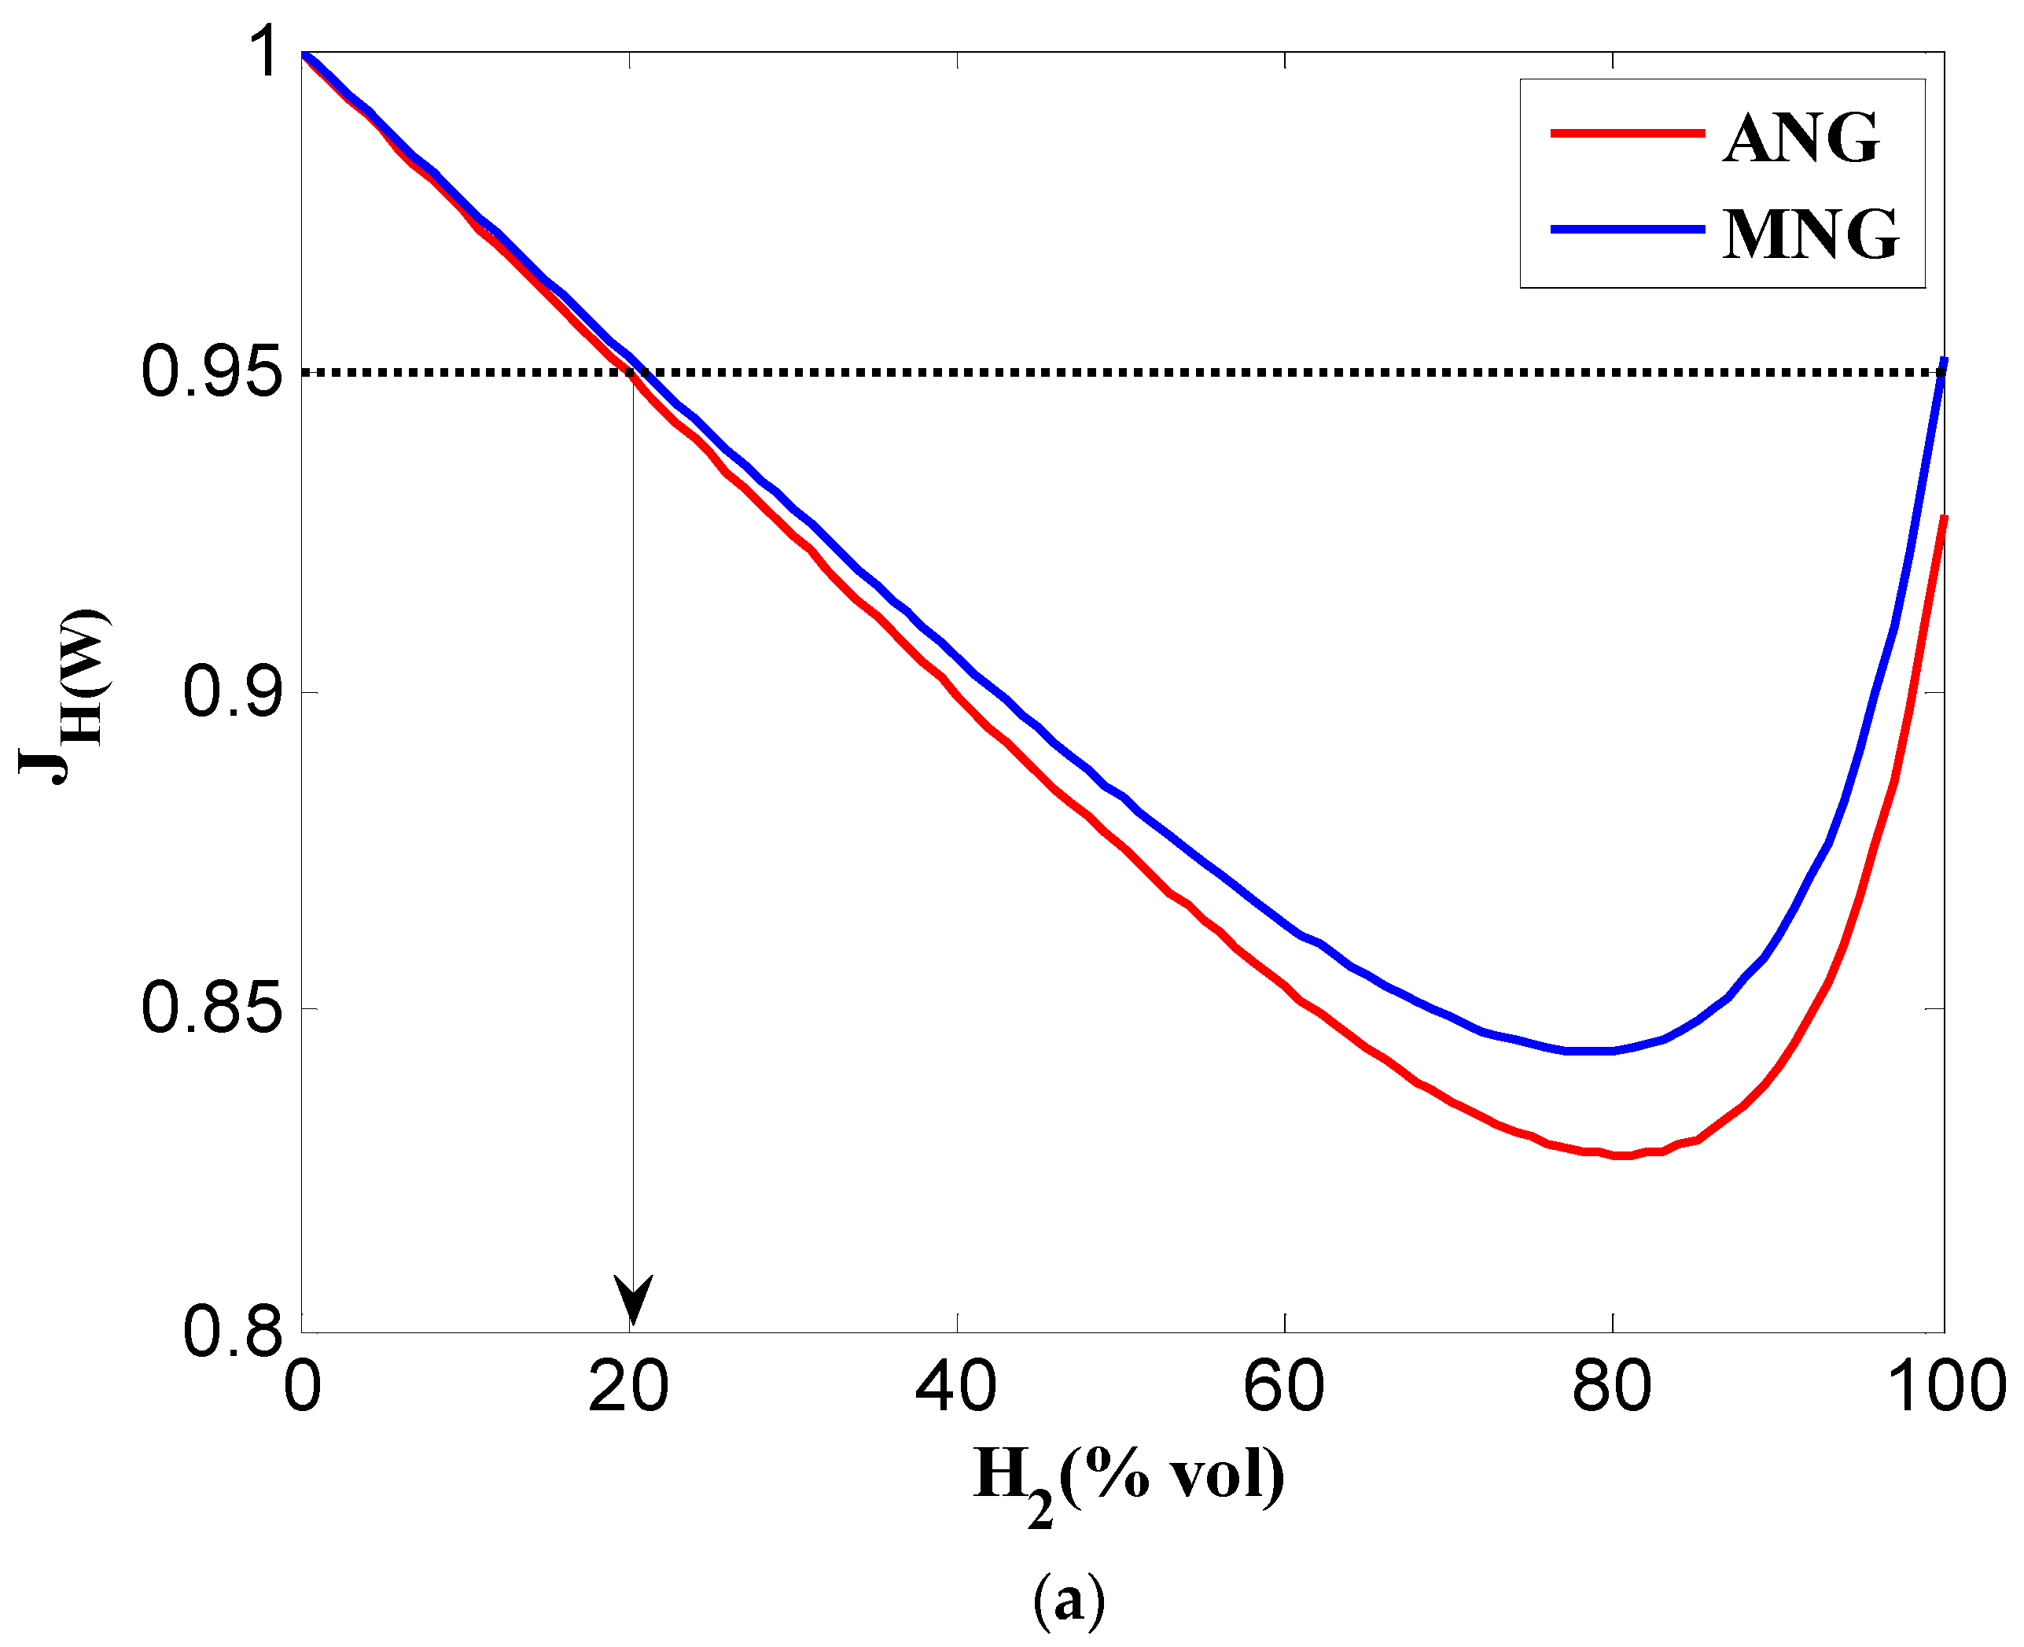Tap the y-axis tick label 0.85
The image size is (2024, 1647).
[x=211, y=1008]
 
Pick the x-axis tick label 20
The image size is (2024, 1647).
[x=627, y=1387]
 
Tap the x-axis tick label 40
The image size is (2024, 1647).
[x=955, y=1387]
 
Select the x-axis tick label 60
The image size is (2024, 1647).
[x=1283, y=1387]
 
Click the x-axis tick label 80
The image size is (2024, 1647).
[x=1610, y=1387]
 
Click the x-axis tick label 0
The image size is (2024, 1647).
[x=303, y=1387]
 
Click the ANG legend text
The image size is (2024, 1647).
[x=1799, y=138]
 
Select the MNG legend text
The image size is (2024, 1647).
[x=1809, y=234]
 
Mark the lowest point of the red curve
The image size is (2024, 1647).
[x=1622, y=1155]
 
